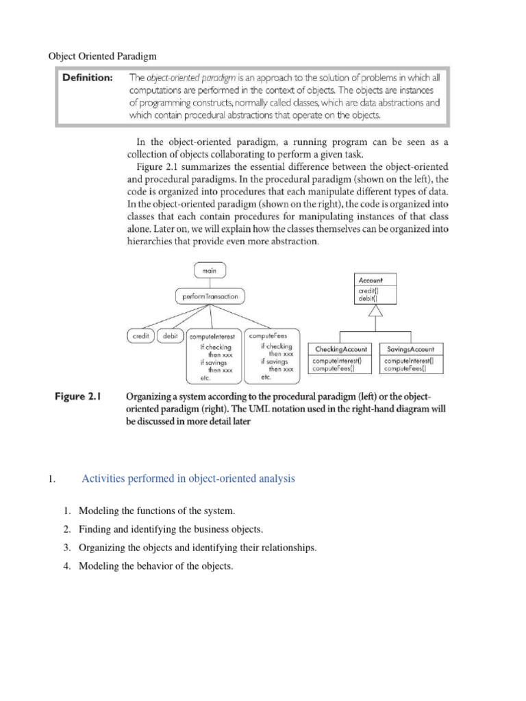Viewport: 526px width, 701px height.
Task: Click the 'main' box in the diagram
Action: (x=209, y=271)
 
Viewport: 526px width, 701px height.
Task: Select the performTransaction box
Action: (x=206, y=297)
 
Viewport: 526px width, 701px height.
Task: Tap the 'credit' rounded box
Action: (x=141, y=336)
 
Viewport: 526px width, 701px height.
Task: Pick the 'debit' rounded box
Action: (x=171, y=336)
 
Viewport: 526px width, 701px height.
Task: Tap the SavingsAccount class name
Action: (x=410, y=348)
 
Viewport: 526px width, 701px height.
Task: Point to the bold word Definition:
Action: (x=88, y=78)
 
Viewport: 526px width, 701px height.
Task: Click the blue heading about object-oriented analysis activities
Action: (x=188, y=479)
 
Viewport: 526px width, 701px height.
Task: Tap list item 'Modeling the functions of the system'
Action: (x=156, y=511)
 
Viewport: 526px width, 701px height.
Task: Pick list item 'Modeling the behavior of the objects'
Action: (x=156, y=566)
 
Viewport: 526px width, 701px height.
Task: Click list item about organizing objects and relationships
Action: (x=198, y=548)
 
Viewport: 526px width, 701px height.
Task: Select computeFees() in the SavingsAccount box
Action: (x=409, y=368)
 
